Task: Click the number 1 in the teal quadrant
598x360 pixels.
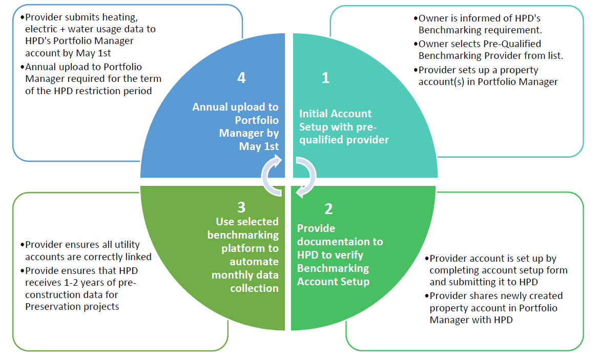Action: [x=325, y=78]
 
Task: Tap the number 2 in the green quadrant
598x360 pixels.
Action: [x=328, y=209]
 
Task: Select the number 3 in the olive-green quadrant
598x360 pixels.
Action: [x=241, y=207]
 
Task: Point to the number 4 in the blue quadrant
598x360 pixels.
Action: [x=241, y=77]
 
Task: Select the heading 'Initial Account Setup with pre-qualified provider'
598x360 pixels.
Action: [x=343, y=126]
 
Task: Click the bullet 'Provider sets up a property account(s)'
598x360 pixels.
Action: [x=487, y=76]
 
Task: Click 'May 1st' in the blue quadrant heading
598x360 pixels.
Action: [x=259, y=146]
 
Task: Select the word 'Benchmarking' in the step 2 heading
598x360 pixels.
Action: [x=333, y=268]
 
